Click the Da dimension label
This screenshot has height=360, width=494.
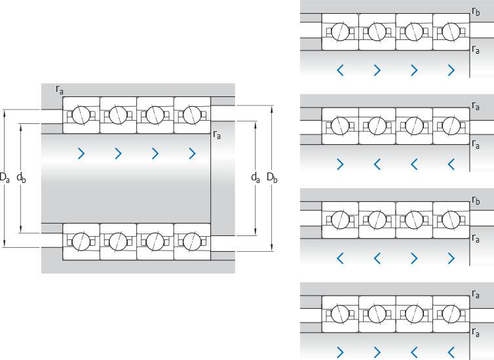coord(5,177)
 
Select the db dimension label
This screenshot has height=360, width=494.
coord(22,177)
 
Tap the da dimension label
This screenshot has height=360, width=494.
coord(255,177)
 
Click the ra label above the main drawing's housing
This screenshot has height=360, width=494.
coord(60,90)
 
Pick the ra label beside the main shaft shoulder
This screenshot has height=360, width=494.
coord(217,135)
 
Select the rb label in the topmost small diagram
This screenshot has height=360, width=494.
coord(476,10)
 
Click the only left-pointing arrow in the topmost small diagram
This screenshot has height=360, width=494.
coord(340,70)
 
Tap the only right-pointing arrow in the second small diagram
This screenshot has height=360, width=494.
coord(340,164)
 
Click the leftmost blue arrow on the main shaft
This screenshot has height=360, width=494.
coord(81,153)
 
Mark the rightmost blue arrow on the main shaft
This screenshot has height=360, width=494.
coord(192,153)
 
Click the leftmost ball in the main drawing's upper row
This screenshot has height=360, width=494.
coord(81,115)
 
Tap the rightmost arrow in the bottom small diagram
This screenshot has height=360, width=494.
coord(451,353)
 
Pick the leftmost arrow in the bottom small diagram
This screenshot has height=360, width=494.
coord(340,353)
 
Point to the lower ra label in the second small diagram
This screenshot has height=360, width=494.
coord(476,144)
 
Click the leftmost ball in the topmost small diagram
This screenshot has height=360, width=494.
coord(340,31)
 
